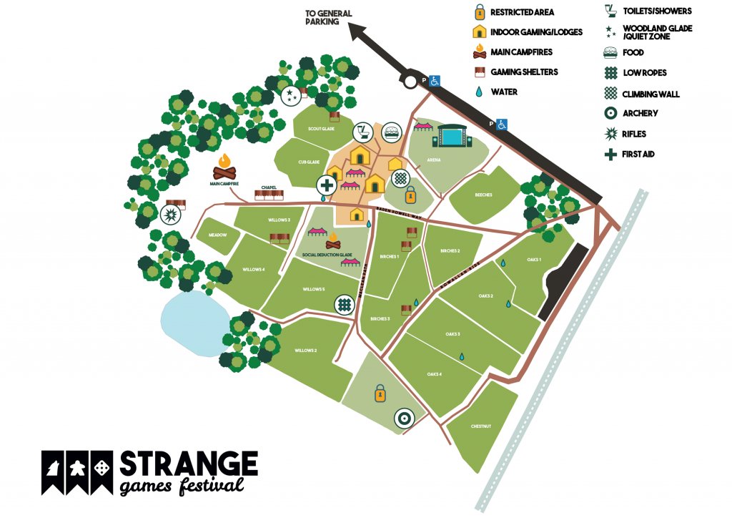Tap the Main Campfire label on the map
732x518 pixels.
pyautogui.click(x=224, y=184)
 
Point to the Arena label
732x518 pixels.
pyautogui.click(x=434, y=160)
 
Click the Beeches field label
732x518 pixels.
pyautogui.click(x=484, y=195)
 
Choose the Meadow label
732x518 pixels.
pyautogui.click(x=217, y=235)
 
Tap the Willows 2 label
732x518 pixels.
pyautogui.click(x=305, y=350)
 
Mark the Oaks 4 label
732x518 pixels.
pyautogui.click(x=434, y=374)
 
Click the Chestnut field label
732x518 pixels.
pyautogui.click(x=481, y=426)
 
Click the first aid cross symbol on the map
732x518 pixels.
pyautogui.click(x=327, y=185)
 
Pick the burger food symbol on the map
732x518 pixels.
pyautogui.click(x=391, y=132)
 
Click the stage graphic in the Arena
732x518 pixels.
pyautogui.click(x=452, y=136)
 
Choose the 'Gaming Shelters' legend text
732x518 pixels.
pyautogui.click(x=524, y=72)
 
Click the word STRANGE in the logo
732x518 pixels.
pyautogui.click(x=188, y=464)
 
